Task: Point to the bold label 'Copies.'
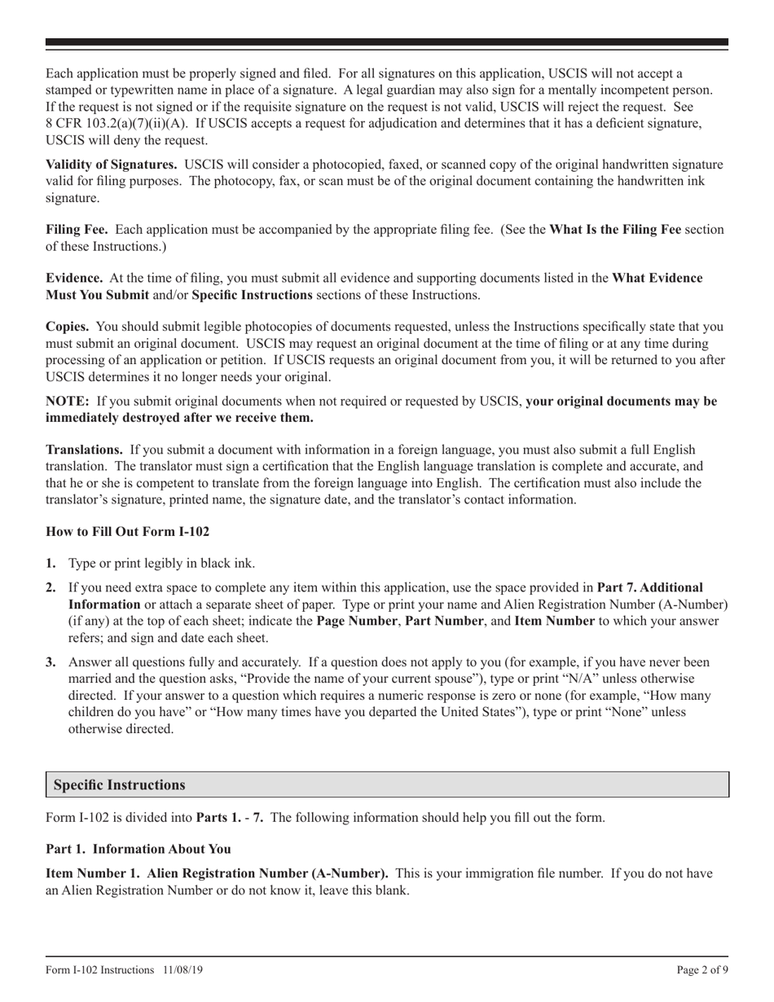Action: point(68,327)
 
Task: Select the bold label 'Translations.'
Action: point(85,450)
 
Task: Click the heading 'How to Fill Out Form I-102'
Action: point(127,532)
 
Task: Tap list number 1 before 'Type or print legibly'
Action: point(51,564)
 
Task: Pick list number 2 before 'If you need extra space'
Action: point(51,587)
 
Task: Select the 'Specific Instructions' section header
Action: point(119,785)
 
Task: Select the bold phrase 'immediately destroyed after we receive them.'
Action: point(179,418)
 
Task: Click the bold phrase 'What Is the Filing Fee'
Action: point(615,230)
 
